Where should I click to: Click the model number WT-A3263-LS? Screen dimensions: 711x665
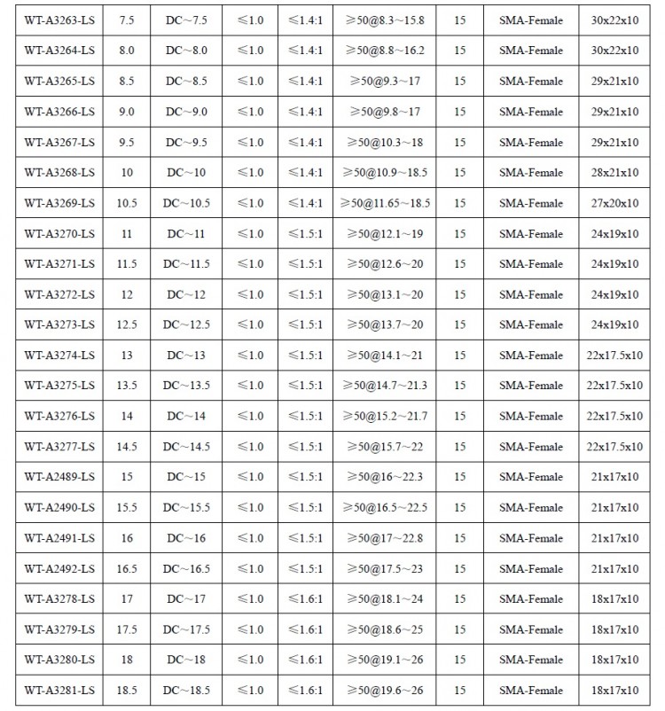pyautogui.click(x=59, y=20)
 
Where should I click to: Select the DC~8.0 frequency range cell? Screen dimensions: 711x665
pyautogui.click(x=186, y=51)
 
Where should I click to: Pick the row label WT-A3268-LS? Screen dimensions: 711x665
pyautogui.click(x=59, y=172)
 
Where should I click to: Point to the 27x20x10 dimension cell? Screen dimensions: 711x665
pyautogui.click(x=614, y=203)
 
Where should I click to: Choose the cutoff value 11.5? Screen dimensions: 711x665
pyautogui.click(x=127, y=264)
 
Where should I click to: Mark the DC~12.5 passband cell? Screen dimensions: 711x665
pyautogui.click(x=186, y=324)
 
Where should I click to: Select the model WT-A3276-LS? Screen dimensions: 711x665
pyautogui.click(x=59, y=416)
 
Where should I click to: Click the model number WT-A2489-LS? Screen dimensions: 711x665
pyautogui.click(x=59, y=477)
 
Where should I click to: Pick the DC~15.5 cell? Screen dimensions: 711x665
pyautogui.click(x=186, y=507)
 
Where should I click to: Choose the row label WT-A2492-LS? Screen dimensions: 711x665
pyautogui.click(x=59, y=568)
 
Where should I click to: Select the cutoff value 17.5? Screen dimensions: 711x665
pyautogui.click(x=127, y=629)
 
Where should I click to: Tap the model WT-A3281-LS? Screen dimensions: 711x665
pyautogui.click(x=59, y=691)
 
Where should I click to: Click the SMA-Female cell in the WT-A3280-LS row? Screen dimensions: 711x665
pyautogui.click(x=530, y=660)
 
